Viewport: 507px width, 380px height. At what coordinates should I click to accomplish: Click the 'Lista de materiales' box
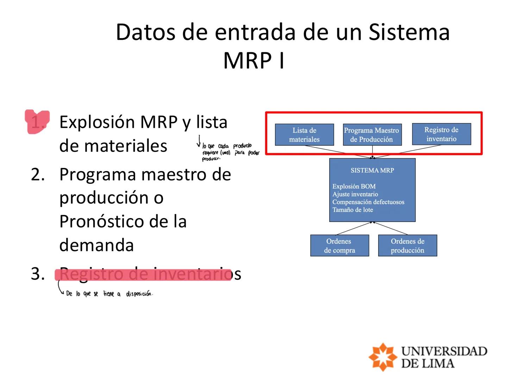304,135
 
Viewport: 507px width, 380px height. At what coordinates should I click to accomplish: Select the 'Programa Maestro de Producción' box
372,135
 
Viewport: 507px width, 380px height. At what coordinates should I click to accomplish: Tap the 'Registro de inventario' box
441,134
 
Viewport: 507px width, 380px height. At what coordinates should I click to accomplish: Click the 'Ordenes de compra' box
339,246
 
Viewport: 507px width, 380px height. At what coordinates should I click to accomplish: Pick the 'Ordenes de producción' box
407,246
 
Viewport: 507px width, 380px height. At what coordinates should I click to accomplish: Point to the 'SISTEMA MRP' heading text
372,170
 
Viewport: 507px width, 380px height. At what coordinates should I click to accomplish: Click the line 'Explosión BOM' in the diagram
354,186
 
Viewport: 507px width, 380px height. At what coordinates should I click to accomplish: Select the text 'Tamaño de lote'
352,210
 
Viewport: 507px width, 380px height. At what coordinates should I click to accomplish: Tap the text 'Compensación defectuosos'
368,202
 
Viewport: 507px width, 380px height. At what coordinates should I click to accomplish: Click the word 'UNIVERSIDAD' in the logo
444,351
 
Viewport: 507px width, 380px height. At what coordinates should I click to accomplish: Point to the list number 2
38,175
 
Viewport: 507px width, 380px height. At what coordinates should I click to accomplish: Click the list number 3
38,274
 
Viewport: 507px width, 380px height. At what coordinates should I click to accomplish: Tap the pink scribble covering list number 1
37,122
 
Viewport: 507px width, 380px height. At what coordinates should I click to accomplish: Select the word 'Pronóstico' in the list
99,222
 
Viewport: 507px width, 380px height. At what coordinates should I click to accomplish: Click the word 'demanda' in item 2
96,245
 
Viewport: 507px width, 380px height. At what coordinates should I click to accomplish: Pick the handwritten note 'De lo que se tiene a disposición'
109,294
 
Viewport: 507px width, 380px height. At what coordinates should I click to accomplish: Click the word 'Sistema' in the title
409,32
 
